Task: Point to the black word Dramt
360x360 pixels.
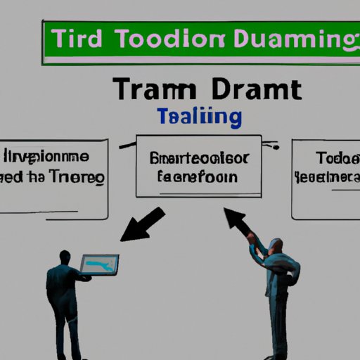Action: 257,91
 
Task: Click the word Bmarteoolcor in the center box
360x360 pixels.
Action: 198,157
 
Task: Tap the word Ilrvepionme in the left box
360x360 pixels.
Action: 55,156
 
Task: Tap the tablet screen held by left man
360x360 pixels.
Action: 99,265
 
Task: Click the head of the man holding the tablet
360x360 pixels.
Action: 65,257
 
